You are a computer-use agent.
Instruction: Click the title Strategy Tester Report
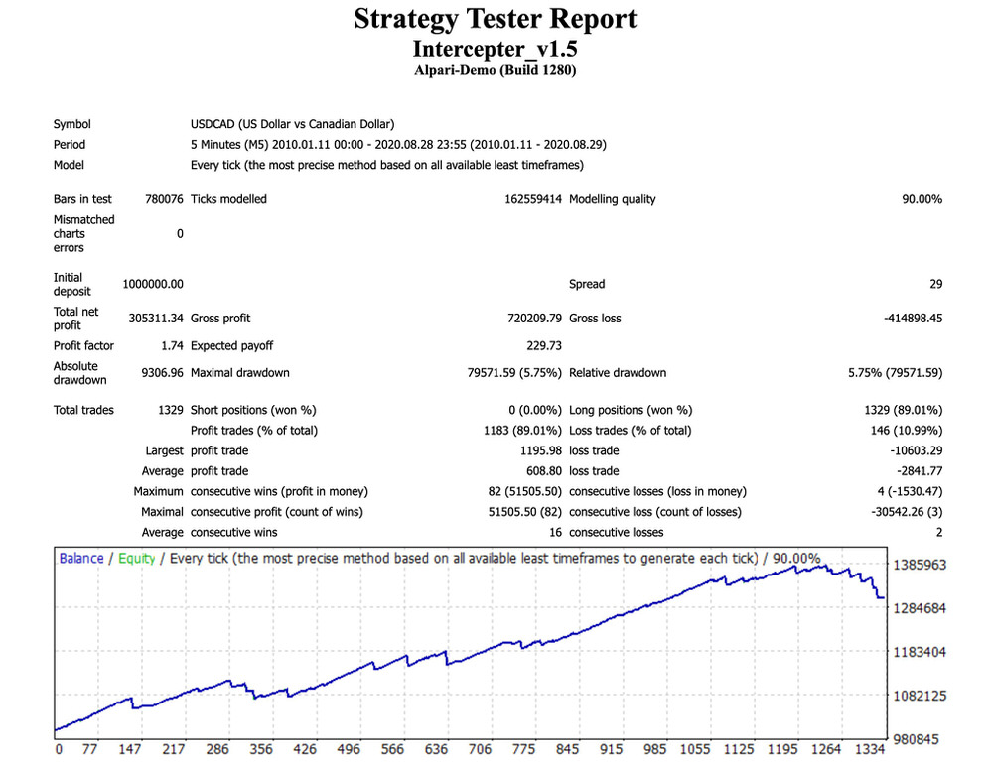(x=496, y=19)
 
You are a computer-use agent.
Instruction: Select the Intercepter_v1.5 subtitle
(x=496, y=48)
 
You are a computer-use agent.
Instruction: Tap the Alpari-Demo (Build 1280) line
(x=496, y=70)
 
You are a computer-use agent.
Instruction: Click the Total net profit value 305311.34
(x=156, y=319)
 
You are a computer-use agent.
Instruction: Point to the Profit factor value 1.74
(x=170, y=346)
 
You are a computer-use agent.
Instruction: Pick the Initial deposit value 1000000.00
(x=153, y=284)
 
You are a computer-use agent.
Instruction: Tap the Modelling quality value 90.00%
(x=922, y=199)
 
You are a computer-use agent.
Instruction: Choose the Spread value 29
(x=935, y=284)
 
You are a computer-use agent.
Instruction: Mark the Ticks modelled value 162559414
(x=533, y=199)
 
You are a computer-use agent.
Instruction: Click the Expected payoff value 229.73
(x=545, y=346)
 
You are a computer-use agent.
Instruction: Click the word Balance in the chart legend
(x=80, y=558)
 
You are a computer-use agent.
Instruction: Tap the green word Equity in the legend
(x=136, y=558)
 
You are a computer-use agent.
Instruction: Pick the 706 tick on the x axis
(x=480, y=750)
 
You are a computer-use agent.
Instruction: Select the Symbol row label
(x=71, y=124)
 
